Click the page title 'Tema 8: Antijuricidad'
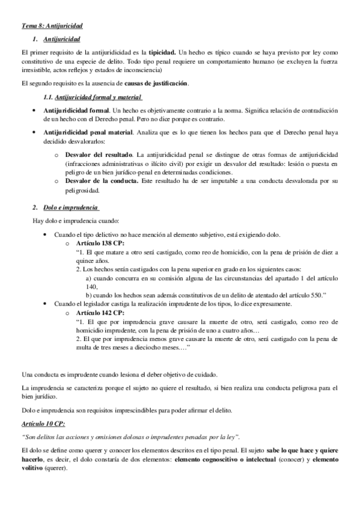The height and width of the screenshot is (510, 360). pos(51,26)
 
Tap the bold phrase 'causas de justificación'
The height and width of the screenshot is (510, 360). pos(156,82)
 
